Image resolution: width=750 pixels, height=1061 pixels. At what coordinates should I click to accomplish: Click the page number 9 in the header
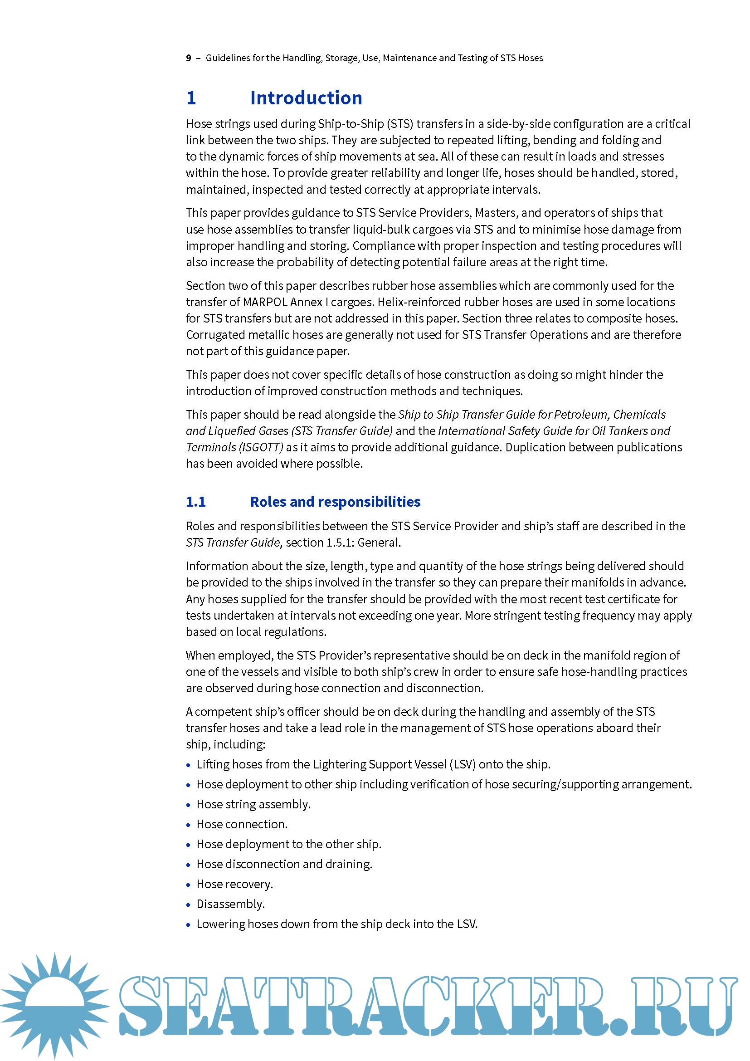click(189, 58)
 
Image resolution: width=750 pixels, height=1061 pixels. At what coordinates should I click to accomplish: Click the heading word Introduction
click(306, 98)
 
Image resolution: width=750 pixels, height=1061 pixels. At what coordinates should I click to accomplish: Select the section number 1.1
click(196, 502)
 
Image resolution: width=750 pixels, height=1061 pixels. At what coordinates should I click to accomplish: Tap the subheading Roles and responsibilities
click(335, 502)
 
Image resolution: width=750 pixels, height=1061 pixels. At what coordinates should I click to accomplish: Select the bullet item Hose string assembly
click(253, 805)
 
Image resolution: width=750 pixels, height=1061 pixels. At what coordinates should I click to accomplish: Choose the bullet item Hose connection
click(242, 824)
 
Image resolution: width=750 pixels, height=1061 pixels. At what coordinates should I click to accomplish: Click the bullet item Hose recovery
click(234, 884)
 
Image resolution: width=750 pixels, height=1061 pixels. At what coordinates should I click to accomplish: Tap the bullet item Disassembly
click(230, 904)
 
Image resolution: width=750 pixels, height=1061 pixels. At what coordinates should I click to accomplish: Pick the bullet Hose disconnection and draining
click(284, 864)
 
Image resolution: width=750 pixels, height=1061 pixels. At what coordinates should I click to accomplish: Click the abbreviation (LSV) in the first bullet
click(462, 764)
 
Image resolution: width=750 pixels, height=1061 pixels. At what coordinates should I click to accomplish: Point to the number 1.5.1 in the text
click(340, 543)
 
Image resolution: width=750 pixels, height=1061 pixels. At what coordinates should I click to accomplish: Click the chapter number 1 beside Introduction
click(191, 98)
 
